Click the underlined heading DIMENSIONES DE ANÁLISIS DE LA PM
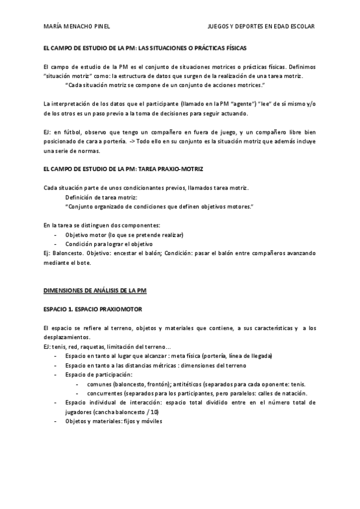pyautogui.click(x=95, y=291)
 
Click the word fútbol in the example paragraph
pyautogui.click(x=71, y=132)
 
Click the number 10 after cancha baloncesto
pyautogui.click(x=154, y=412)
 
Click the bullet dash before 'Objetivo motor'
pyautogui.click(x=56, y=235)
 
